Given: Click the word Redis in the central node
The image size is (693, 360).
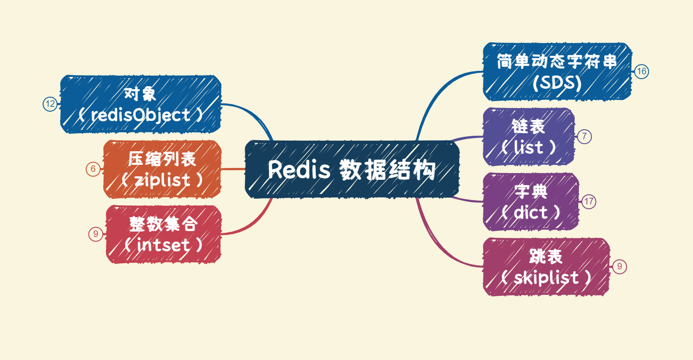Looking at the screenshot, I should (x=299, y=170).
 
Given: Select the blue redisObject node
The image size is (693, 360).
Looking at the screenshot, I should (x=141, y=104).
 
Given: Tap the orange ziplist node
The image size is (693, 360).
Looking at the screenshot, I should (x=162, y=169).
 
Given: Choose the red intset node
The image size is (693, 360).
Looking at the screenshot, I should (x=163, y=234).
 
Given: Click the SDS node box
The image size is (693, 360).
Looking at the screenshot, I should (x=557, y=72).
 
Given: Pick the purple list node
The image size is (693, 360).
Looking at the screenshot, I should (x=529, y=137).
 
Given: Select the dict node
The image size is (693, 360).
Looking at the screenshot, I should (x=531, y=202).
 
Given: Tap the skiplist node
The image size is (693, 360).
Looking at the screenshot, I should (x=546, y=267).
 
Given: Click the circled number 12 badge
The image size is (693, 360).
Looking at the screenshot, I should (x=50, y=104).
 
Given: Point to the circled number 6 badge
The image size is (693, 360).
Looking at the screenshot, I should (x=93, y=169).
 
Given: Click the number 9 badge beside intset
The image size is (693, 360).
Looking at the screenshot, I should (x=96, y=234).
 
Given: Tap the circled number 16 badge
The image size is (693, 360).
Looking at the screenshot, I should (x=642, y=72).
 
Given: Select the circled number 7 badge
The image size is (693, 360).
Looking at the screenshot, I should (x=584, y=136).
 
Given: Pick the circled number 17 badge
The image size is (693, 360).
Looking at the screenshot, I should (x=589, y=202).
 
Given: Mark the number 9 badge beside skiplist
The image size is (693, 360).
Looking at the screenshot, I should (x=620, y=266).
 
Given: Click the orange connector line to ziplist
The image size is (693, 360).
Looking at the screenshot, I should (x=233, y=169).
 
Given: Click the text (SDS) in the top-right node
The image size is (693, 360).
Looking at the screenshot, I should (x=557, y=83).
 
